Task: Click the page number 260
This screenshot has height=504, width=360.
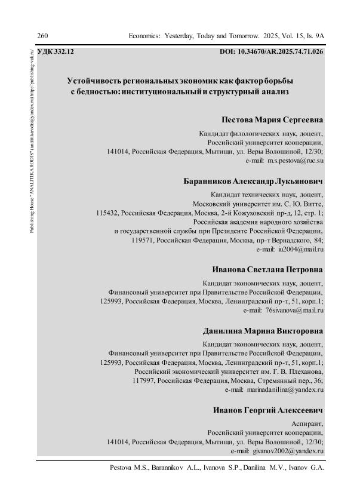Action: [x=42, y=36]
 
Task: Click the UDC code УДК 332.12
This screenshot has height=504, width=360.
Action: [x=55, y=52]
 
